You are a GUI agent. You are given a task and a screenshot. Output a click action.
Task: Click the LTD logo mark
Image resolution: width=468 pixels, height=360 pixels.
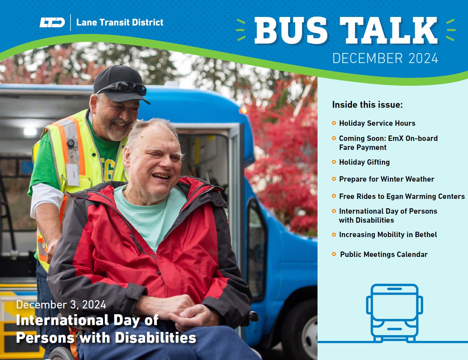pos(52,22)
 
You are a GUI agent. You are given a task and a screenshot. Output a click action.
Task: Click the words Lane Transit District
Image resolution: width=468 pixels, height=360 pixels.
pos(120,22)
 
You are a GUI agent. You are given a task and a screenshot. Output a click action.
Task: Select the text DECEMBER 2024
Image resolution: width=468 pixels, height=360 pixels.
pos(385,58)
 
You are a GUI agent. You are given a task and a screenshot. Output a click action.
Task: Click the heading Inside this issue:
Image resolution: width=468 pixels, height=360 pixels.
pos(367,105)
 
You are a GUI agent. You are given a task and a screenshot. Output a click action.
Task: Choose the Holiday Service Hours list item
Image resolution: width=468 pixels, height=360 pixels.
pos(377,123)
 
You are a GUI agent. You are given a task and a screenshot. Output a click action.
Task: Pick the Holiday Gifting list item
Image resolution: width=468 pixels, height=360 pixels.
pos(364,162)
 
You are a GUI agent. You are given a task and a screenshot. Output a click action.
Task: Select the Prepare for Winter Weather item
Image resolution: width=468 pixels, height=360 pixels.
pos(386,179)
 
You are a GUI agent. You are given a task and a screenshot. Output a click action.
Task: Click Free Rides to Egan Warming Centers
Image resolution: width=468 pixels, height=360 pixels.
pos(401,196)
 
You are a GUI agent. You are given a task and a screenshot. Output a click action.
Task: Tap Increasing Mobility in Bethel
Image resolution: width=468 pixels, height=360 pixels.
pos(388,235)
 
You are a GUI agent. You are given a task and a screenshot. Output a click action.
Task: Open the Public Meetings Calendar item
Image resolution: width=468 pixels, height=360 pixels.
pos(383,254)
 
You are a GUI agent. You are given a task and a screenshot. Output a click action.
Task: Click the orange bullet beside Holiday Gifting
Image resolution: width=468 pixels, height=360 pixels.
pos(334,162)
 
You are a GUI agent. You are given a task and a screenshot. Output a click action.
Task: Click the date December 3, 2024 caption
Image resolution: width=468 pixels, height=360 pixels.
pos(61,305)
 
